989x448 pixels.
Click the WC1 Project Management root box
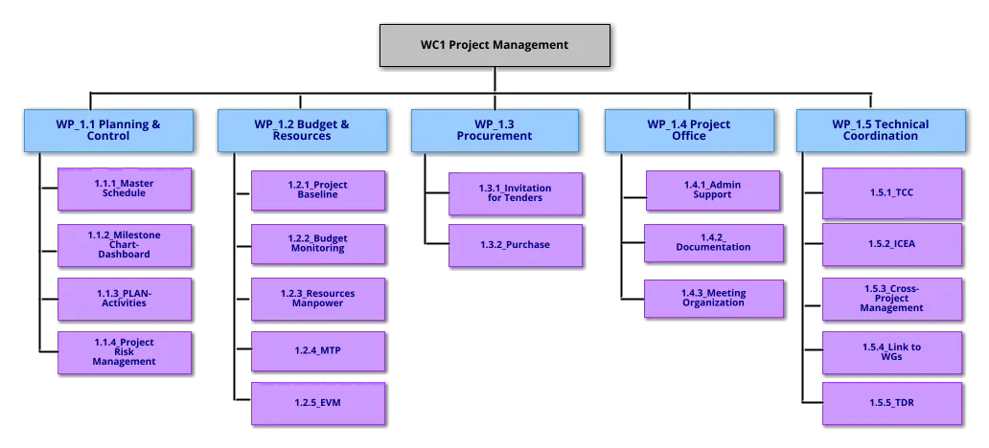(x=494, y=45)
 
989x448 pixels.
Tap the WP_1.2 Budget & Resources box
(x=302, y=130)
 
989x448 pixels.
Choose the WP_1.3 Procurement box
(x=494, y=130)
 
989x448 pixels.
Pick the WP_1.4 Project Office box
(x=688, y=130)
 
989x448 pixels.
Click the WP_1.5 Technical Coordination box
(x=880, y=130)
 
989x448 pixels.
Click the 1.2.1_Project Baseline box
(x=317, y=190)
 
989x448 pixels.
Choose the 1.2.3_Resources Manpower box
(x=317, y=298)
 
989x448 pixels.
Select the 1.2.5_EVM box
(x=317, y=403)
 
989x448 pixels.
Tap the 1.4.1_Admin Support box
(x=712, y=190)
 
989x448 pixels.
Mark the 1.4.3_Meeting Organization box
(x=713, y=298)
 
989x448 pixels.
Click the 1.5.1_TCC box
(x=892, y=192)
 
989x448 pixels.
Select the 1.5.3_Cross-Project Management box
(x=892, y=298)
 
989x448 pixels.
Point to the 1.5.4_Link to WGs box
(x=892, y=351)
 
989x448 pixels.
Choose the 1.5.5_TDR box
(x=892, y=403)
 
